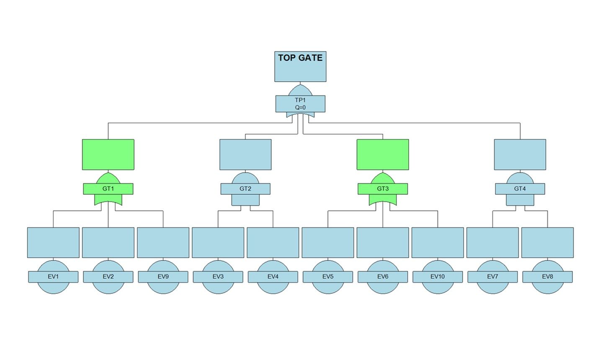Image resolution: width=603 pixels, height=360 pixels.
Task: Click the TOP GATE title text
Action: [x=300, y=58]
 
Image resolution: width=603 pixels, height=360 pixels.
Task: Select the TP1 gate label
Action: [x=300, y=100]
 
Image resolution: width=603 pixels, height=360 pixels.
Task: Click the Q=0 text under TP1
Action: [x=300, y=107]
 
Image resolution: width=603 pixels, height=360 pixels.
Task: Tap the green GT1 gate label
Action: [x=108, y=189]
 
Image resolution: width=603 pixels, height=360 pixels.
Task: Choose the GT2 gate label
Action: [x=245, y=189]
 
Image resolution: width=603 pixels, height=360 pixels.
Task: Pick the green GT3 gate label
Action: [x=383, y=189]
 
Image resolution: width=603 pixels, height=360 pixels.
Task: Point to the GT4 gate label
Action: [x=520, y=189]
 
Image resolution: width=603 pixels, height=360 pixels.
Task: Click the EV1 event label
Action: [x=53, y=277]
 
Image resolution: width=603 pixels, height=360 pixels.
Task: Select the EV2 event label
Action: [x=108, y=277]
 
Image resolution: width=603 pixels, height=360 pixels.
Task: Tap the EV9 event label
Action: [x=163, y=277]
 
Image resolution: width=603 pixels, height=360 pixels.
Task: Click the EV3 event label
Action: [x=218, y=277]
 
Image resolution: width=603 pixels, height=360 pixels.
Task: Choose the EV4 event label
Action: [x=273, y=277]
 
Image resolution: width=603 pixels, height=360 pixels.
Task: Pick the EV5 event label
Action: [x=328, y=277]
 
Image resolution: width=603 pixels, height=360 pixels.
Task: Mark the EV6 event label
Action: [x=383, y=277]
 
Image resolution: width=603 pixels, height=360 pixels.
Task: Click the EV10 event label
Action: [x=438, y=277]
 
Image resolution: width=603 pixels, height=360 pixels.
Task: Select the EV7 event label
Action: [x=492, y=277]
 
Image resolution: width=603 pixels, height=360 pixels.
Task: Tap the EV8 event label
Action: [x=547, y=277]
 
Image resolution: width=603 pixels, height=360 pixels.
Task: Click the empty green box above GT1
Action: [x=108, y=155]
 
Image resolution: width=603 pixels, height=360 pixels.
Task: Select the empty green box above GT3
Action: [x=383, y=155]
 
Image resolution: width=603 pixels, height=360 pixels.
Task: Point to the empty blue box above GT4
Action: [x=520, y=155]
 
